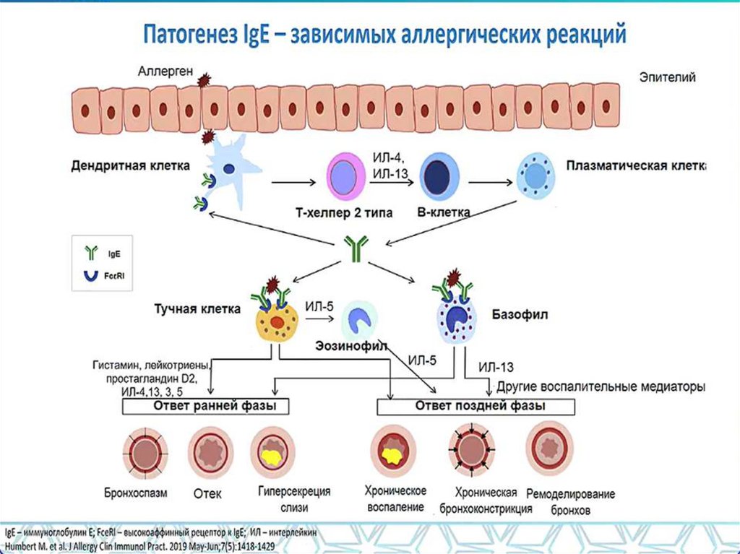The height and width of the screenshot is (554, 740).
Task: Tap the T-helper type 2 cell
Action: pyautogui.click(x=346, y=176)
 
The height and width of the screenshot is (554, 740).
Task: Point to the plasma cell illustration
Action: pyautogui.click(x=535, y=176)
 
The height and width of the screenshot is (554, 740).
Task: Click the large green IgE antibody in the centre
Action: pyautogui.click(x=356, y=249)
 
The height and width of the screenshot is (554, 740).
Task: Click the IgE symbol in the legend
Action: pyautogui.click(x=92, y=252)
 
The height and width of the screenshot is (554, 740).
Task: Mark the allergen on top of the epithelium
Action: pyautogui.click(x=204, y=80)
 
